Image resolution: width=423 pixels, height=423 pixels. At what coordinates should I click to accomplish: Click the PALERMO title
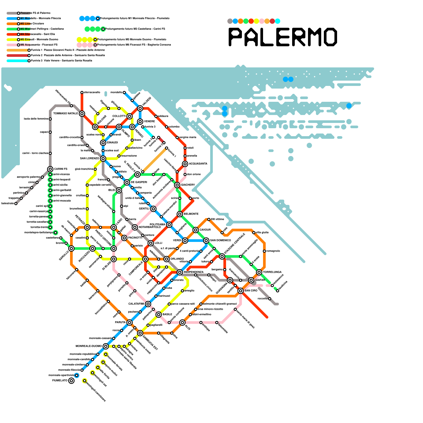tap(283, 37)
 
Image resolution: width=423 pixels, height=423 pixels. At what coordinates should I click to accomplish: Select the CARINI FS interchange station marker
tap(50, 169)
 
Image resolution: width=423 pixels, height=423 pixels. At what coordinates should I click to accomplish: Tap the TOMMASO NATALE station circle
tap(82, 114)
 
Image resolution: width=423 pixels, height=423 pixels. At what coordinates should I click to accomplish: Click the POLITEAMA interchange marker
tap(169, 225)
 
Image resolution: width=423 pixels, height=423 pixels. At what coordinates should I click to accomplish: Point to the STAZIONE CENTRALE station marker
tap(222, 256)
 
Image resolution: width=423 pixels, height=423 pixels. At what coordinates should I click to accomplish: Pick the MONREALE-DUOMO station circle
tap(106, 346)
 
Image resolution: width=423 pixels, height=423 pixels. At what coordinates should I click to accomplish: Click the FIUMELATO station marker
tap(71, 381)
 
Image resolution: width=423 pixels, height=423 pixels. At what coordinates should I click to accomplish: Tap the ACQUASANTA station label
tap(198, 164)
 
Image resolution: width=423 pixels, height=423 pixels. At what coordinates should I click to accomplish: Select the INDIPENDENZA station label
tap(194, 272)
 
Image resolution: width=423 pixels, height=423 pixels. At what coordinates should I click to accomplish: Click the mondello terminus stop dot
tap(124, 93)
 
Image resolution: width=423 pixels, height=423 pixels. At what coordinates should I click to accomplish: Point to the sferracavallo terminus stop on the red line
tap(82, 93)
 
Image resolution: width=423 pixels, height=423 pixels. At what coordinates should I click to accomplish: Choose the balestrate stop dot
tap(16, 204)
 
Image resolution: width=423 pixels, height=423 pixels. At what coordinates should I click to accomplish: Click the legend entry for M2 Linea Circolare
tap(32, 24)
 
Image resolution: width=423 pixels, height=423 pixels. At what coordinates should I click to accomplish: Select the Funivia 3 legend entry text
tap(62, 61)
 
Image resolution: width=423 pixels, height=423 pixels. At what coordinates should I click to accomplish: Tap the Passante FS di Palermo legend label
tap(35, 13)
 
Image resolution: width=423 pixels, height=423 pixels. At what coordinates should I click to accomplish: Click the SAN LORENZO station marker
tap(103, 159)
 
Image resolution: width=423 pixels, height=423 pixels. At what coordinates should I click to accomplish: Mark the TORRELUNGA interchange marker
tap(259, 272)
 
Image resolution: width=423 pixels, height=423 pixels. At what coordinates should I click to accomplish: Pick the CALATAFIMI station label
tap(136, 304)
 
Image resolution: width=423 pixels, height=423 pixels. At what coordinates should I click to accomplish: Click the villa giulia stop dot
tap(254, 233)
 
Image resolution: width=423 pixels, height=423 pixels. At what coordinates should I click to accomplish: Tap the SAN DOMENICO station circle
tap(206, 241)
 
